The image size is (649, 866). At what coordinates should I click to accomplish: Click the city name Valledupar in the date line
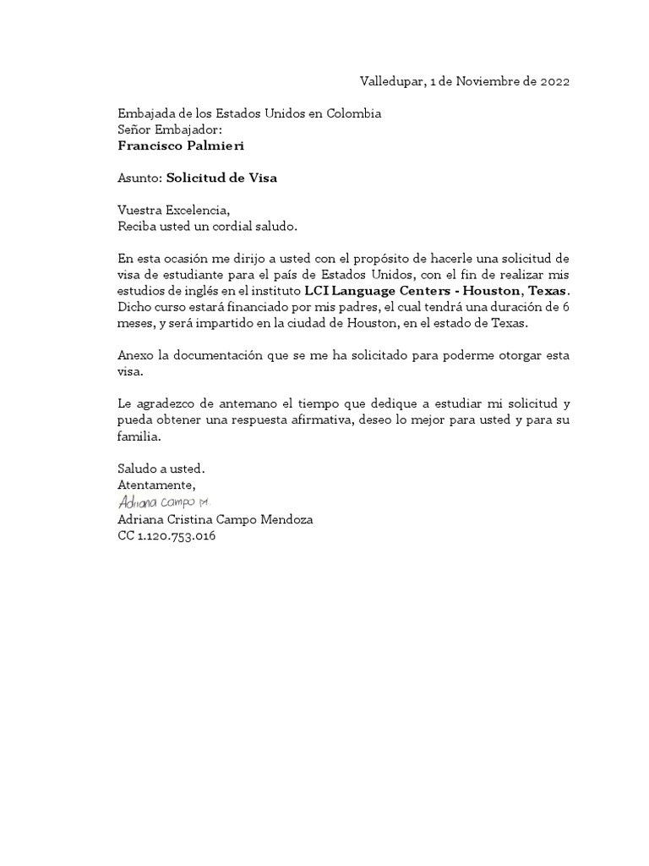click(x=391, y=82)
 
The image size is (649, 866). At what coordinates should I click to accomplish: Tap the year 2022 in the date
click(x=553, y=82)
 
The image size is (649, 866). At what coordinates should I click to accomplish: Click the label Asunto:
click(x=139, y=178)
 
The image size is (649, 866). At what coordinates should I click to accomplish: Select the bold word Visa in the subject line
click(x=261, y=178)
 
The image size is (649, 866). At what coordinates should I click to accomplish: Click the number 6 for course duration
click(x=565, y=306)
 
